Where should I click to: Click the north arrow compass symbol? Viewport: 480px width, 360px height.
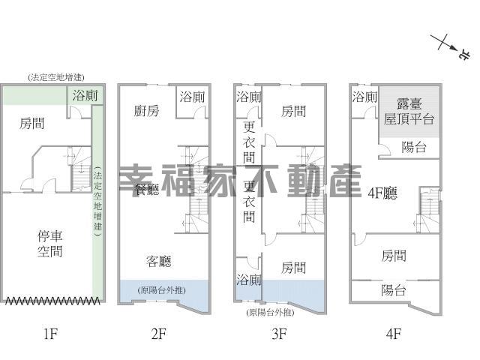pos(449,46)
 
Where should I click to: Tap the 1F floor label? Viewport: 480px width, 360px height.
pos(50,333)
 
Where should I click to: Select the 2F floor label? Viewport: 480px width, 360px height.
pos(159,333)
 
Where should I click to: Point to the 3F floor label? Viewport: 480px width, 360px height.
pos(279,333)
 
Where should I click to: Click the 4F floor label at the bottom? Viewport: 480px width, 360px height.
pos(393,333)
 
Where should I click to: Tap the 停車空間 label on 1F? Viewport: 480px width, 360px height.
pos(50,244)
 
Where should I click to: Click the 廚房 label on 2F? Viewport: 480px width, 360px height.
pos(147,111)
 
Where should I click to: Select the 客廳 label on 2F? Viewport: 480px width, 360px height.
pos(159,261)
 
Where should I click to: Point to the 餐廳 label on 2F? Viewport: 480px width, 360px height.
pos(147,190)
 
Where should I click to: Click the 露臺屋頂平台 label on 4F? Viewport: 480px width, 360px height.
pos(409,112)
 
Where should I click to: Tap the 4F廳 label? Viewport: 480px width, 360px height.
pos(382,193)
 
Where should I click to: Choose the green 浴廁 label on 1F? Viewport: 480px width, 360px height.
pos(85,95)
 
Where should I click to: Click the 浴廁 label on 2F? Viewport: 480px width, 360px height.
pos(192,97)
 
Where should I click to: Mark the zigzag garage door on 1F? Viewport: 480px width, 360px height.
pos(52,301)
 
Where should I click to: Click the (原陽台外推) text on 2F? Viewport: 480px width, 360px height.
pos(162,290)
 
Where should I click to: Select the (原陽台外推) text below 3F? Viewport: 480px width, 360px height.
pos(270,312)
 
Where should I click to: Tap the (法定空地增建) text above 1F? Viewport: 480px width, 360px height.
pos(56,77)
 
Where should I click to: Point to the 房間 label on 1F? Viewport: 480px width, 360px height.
pos(32,123)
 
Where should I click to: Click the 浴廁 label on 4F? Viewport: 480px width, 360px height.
pos(364,97)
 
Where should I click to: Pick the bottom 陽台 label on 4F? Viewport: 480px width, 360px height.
pos(394,290)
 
